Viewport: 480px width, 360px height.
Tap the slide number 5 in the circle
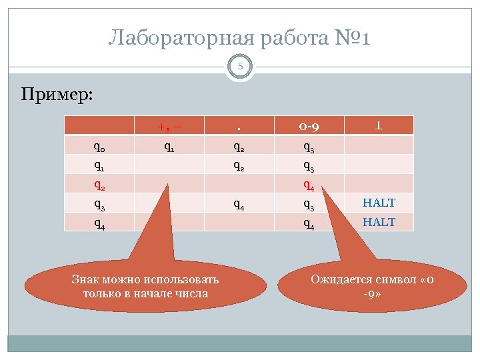[240, 66]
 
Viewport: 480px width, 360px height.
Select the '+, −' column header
[170, 125]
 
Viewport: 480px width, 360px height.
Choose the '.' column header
[239, 125]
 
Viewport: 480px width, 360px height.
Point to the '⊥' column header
[379, 125]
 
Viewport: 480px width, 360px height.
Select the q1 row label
[99, 164]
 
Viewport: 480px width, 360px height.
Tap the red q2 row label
[99, 184]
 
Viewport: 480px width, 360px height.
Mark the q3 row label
[99, 203]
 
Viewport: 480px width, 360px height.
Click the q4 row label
[99, 223]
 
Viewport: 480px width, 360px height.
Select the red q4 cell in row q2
[309, 184]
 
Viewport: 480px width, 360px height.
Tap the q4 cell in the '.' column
[239, 203]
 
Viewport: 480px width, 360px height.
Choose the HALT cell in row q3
[379, 203]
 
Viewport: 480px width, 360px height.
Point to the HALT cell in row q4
[379, 222]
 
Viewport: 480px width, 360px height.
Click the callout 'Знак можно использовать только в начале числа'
[145, 286]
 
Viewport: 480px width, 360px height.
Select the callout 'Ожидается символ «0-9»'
[364, 286]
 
